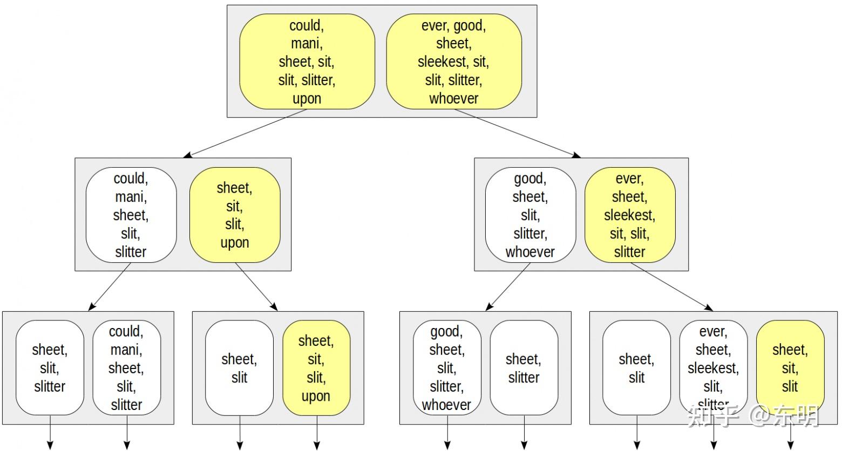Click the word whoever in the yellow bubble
(x=453, y=99)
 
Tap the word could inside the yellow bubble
(x=306, y=25)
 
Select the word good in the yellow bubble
(x=469, y=25)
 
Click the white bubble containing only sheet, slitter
(x=524, y=368)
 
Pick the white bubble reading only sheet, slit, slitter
(x=50, y=368)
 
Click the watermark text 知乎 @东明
(x=753, y=416)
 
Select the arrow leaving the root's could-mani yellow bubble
(x=246, y=133)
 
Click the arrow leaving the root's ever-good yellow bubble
(x=517, y=133)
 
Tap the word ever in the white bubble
(x=712, y=331)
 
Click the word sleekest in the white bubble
(x=712, y=368)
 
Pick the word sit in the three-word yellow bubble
(x=790, y=368)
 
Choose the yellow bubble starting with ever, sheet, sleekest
(x=630, y=215)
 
